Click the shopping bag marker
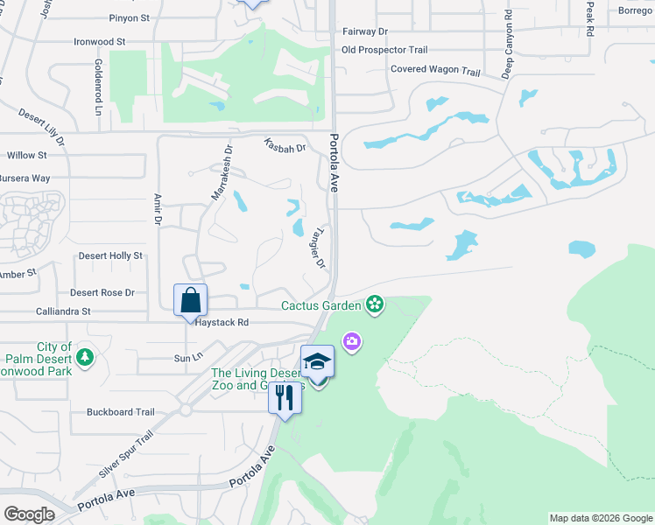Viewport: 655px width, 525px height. (190, 300)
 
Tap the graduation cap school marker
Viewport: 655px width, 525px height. (317, 361)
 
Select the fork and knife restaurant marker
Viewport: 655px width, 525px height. (285, 397)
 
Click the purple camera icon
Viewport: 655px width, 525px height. (352, 340)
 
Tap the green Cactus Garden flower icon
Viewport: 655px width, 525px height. (375, 304)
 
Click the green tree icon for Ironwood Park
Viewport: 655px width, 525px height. (85, 358)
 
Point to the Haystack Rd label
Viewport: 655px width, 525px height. (222, 323)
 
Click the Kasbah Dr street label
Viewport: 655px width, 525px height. (285, 147)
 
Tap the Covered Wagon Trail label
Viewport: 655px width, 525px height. (435, 69)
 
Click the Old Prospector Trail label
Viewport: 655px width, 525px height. (384, 50)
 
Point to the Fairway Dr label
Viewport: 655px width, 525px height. (365, 31)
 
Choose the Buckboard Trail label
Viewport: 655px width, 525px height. (120, 412)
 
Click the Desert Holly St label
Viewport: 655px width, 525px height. (110, 255)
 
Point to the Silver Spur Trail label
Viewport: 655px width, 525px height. (126, 453)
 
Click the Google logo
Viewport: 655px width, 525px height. (29, 514)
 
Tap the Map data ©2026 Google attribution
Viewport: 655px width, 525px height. (601, 518)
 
